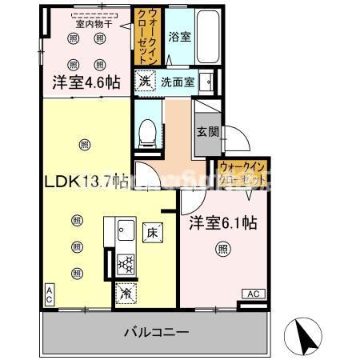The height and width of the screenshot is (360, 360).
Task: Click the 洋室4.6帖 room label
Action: click(86, 82)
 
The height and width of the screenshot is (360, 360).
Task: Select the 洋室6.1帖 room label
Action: click(223, 225)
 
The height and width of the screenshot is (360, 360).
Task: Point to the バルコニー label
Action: click(155, 330)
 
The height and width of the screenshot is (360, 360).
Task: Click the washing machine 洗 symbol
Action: click(144, 80)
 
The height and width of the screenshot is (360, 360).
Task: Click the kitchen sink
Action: click(126, 234)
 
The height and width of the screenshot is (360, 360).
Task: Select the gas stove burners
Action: click(126, 262)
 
